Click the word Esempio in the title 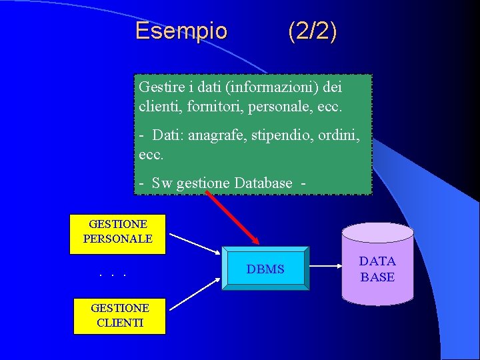click(x=181, y=31)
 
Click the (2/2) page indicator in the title click(x=312, y=31)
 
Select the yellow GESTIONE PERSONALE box click(x=117, y=232)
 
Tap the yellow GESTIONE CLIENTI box click(x=120, y=315)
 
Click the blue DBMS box click(x=265, y=269)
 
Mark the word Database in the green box click(x=260, y=183)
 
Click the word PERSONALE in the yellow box click(x=117, y=239)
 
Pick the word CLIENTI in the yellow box click(x=120, y=323)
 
